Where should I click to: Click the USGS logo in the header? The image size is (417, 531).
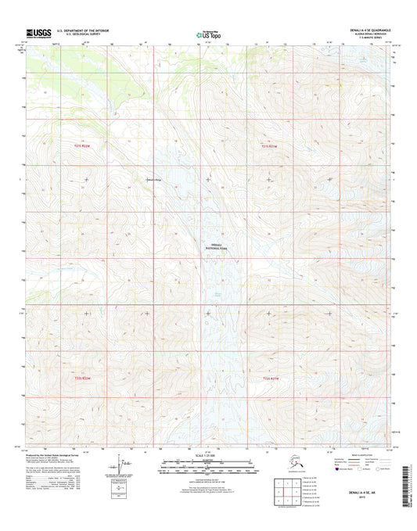click(38, 34)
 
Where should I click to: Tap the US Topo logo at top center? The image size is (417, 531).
click(208, 34)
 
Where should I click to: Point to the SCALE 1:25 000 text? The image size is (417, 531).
click(207, 456)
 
